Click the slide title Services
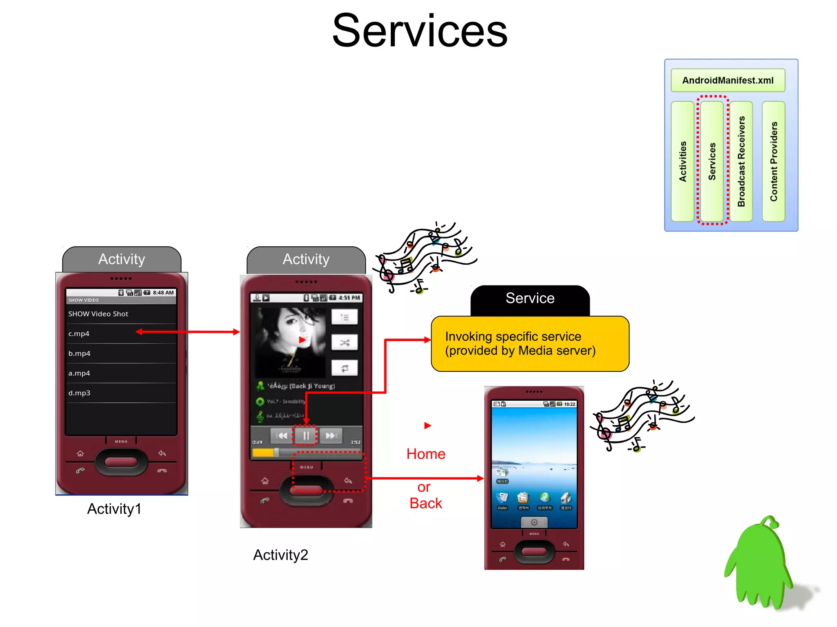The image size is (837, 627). pyautogui.click(x=419, y=31)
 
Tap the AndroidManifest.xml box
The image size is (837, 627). pyautogui.click(x=727, y=80)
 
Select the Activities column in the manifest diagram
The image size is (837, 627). pyautogui.click(x=683, y=161)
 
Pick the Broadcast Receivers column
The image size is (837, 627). pyautogui.click(x=741, y=161)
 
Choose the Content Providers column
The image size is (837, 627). pyautogui.click(x=774, y=161)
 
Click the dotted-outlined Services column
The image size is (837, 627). pyautogui.click(x=712, y=161)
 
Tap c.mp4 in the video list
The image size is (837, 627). pyautogui.click(x=79, y=334)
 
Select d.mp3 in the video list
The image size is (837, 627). pyautogui.click(x=79, y=393)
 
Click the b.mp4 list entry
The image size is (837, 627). pyautogui.click(x=79, y=353)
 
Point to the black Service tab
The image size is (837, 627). pyautogui.click(x=530, y=299)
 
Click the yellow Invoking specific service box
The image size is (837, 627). pyautogui.click(x=530, y=344)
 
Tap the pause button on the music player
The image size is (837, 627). pyautogui.click(x=306, y=435)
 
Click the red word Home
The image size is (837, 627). pyautogui.click(x=426, y=454)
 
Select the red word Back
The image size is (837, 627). pyautogui.click(x=426, y=503)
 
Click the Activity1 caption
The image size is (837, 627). pyautogui.click(x=114, y=509)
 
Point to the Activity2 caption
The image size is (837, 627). pyautogui.click(x=280, y=555)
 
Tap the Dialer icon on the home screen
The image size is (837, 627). pyautogui.click(x=502, y=499)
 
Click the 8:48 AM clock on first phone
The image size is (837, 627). pyautogui.click(x=163, y=292)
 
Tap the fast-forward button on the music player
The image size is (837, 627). pyautogui.click(x=331, y=435)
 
